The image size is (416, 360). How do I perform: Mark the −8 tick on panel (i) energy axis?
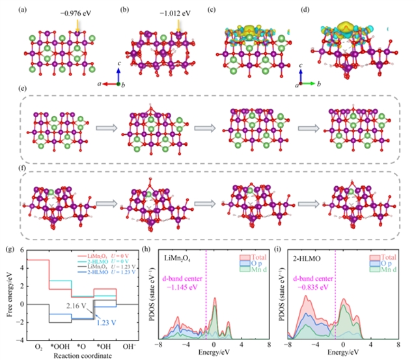pyautogui.click(x=286, y=346)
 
